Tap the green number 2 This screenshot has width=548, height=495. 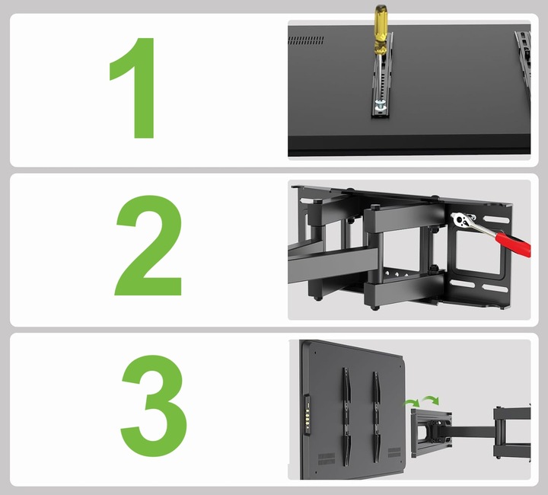[x=149, y=245]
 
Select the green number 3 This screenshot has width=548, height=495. [x=154, y=405]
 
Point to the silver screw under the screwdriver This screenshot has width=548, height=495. [x=380, y=105]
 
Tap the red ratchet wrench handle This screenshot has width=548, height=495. [x=513, y=242]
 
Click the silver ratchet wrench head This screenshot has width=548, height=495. [x=460, y=220]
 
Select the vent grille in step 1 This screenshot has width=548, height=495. [x=306, y=40]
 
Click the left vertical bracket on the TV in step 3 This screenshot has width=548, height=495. [x=346, y=417]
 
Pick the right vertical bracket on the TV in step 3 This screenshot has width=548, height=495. [x=376, y=417]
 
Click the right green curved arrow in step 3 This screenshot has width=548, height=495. [x=431, y=400]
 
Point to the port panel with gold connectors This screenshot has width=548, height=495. [x=307, y=415]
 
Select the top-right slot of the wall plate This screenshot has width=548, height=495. [x=496, y=219]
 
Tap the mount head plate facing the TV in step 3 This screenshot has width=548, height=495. [x=431, y=433]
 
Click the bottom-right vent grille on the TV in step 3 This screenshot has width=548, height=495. [x=394, y=452]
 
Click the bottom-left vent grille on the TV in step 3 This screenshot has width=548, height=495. [x=327, y=458]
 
